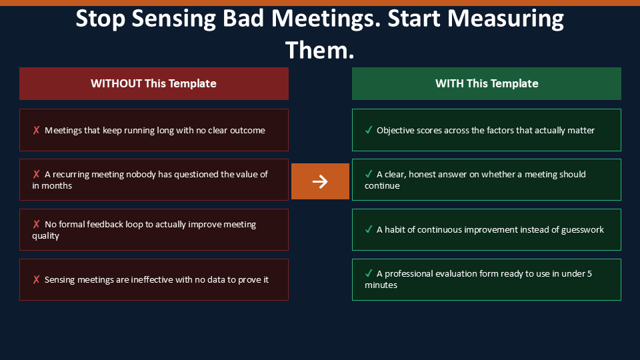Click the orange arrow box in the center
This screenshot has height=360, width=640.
(320, 181)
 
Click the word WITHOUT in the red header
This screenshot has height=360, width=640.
(116, 83)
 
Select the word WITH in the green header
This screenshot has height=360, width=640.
(449, 83)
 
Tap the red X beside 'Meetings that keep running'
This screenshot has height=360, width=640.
(36, 130)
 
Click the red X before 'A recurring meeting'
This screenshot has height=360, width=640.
(36, 174)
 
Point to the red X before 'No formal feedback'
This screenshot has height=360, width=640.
(36, 224)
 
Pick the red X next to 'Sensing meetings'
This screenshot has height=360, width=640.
(36, 279)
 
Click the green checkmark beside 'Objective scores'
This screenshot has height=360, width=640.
(369, 130)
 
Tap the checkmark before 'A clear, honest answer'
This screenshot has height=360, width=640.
(369, 174)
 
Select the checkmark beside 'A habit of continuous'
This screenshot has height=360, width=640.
(369, 229)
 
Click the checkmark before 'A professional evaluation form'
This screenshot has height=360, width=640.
(369, 273)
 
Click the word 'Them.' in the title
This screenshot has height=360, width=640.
(319, 50)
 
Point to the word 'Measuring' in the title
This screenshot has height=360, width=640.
(505, 19)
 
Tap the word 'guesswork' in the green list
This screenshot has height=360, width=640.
(583, 230)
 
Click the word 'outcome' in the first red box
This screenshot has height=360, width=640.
(247, 130)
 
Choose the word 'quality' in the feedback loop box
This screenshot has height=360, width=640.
(46, 236)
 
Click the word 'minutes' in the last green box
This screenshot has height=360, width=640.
(381, 285)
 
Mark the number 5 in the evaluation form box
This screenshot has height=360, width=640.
(589, 273)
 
